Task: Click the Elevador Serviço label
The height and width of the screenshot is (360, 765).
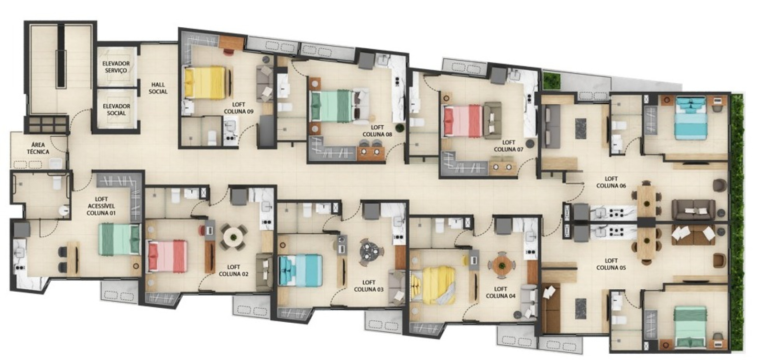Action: pos(116,67)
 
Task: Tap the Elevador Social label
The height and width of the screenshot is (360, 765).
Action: pos(117,109)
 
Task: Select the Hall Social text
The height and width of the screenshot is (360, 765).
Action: pos(158,88)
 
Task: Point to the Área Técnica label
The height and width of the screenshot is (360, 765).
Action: pos(38,148)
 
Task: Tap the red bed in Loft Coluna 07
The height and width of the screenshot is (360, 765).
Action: pos(463,120)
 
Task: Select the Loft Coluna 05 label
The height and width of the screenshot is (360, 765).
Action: pos(611,264)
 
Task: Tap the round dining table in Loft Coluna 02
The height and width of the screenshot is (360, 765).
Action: pos(234,236)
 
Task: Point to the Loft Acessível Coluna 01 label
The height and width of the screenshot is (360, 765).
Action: pos(101,206)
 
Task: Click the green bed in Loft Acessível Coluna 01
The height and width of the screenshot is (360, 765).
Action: pos(119,239)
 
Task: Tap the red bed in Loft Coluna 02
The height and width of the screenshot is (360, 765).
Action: pos(167,256)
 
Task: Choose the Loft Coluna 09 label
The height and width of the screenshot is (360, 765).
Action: pos(239,108)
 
